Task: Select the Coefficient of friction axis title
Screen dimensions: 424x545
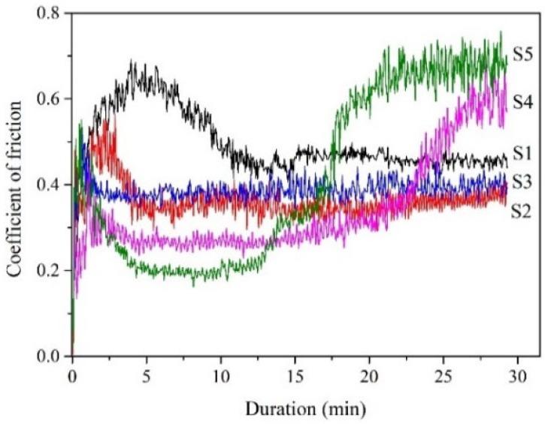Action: point(15,185)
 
